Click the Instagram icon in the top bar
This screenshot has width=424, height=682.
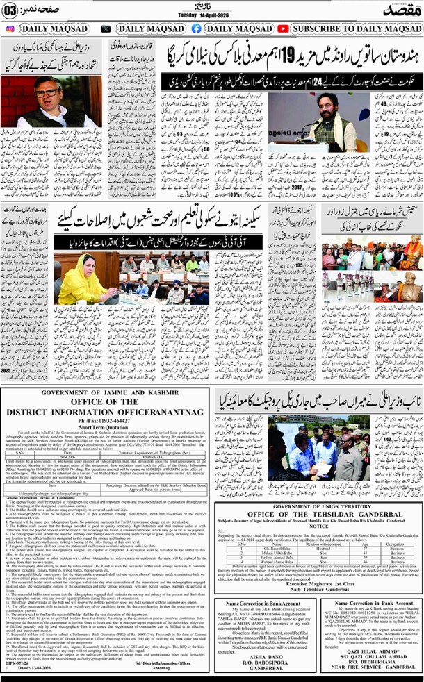[9, 29]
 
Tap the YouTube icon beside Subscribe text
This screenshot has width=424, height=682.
[282, 29]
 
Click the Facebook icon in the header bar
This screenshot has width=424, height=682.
[196, 29]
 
